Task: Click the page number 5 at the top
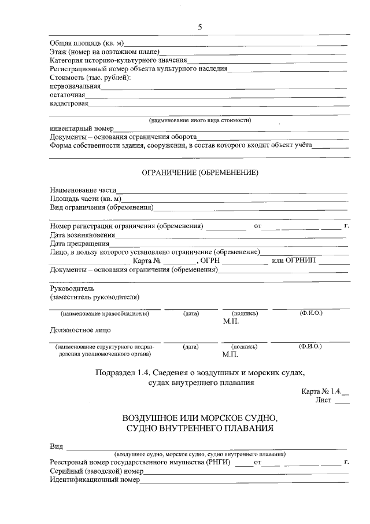(200, 27)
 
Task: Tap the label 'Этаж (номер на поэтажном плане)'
(104, 52)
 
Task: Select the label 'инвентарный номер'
(81, 129)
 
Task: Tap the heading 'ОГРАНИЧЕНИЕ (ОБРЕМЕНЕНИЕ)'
(199, 173)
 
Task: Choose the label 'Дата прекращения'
(79, 244)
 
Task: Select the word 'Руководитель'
(72, 288)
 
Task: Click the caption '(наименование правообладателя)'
(105, 313)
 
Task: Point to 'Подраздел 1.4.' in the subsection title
(123, 372)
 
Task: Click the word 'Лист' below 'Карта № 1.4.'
(323, 400)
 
